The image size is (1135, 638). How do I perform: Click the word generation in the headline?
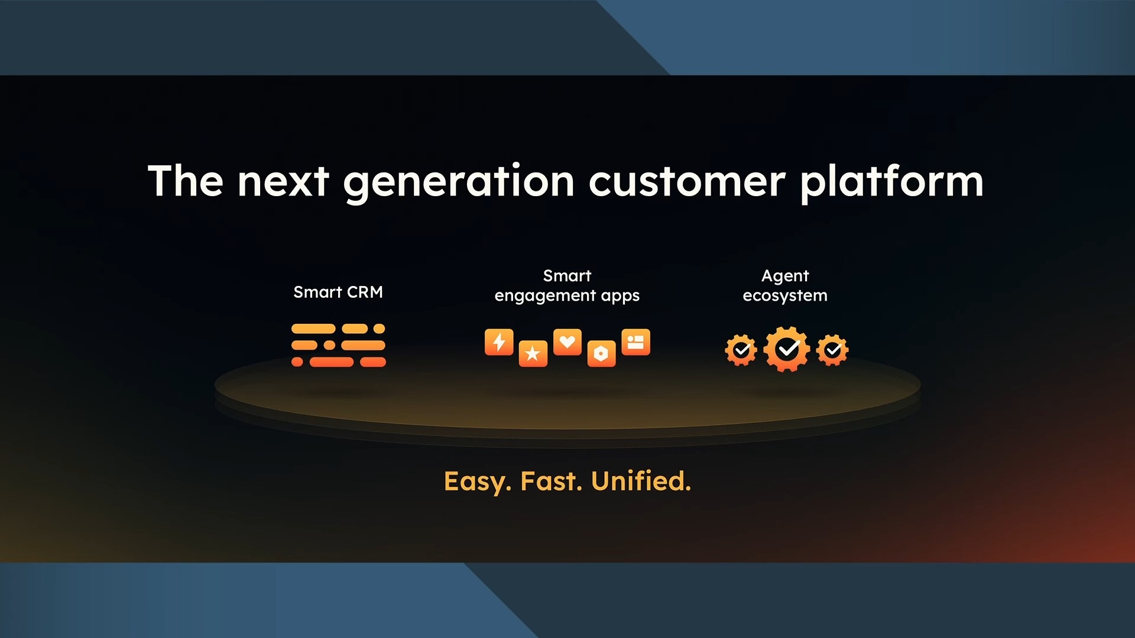click(x=459, y=182)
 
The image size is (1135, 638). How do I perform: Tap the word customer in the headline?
click(x=687, y=182)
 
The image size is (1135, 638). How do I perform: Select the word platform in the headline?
click(x=892, y=182)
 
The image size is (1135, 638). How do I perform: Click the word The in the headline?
click(x=186, y=181)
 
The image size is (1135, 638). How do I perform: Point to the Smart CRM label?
click(x=338, y=292)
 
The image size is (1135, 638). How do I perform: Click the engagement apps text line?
click(x=567, y=295)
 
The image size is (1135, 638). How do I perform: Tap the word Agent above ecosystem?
click(x=785, y=276)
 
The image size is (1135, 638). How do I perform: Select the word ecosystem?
click(x=785, y=295)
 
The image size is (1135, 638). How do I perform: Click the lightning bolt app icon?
click(x=499, y=342)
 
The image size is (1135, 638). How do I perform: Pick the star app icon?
click(x=533, y=353)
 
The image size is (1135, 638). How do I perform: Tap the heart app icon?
click(x=567, y=342)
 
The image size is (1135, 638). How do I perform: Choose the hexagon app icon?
click(x=601, y=353)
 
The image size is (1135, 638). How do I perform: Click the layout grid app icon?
click(x=635, y=342)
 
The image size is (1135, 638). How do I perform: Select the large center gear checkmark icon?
click(x=787, y=349)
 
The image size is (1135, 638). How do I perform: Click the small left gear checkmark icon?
click(x=741, y=350)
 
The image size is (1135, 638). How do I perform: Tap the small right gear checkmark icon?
click(x=832, y=350)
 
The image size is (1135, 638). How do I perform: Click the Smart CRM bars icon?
click(x=339, y=345)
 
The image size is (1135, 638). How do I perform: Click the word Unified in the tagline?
click(x=641, y=481)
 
